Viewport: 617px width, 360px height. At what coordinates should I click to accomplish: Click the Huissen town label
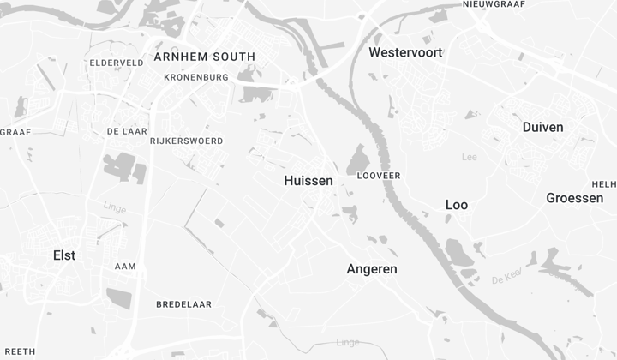click(308, 181)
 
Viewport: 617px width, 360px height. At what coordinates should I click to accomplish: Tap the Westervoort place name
click(405, 52)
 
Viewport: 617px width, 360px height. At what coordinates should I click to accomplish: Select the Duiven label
click(542, 127)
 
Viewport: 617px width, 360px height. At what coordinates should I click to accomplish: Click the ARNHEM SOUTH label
click(204, 57)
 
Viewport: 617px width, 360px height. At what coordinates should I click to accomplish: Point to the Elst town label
click(64, 255)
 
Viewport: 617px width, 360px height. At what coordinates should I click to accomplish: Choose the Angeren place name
click(372, 268)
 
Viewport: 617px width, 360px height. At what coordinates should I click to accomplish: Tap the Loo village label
click(457, 205)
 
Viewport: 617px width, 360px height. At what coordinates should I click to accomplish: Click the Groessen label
click(574, 198)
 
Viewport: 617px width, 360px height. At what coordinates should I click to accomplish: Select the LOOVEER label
click(378, 175)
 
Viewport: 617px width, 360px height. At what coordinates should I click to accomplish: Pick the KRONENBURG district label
click(196, 77)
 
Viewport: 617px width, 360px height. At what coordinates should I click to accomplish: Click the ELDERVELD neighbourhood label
click(117, 63)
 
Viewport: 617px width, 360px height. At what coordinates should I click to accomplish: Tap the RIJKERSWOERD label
click(186, 141)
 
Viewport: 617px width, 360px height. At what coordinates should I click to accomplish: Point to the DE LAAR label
click(123, 131)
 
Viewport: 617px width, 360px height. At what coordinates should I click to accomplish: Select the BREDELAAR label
click(183, 304)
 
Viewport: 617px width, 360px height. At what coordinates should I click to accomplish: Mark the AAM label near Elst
click(125, 267)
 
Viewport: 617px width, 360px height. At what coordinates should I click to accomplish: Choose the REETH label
click(18, 351)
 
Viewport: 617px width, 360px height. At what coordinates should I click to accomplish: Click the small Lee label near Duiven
click(469, 157)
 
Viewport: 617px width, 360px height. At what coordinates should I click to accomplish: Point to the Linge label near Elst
click(114, 207)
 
